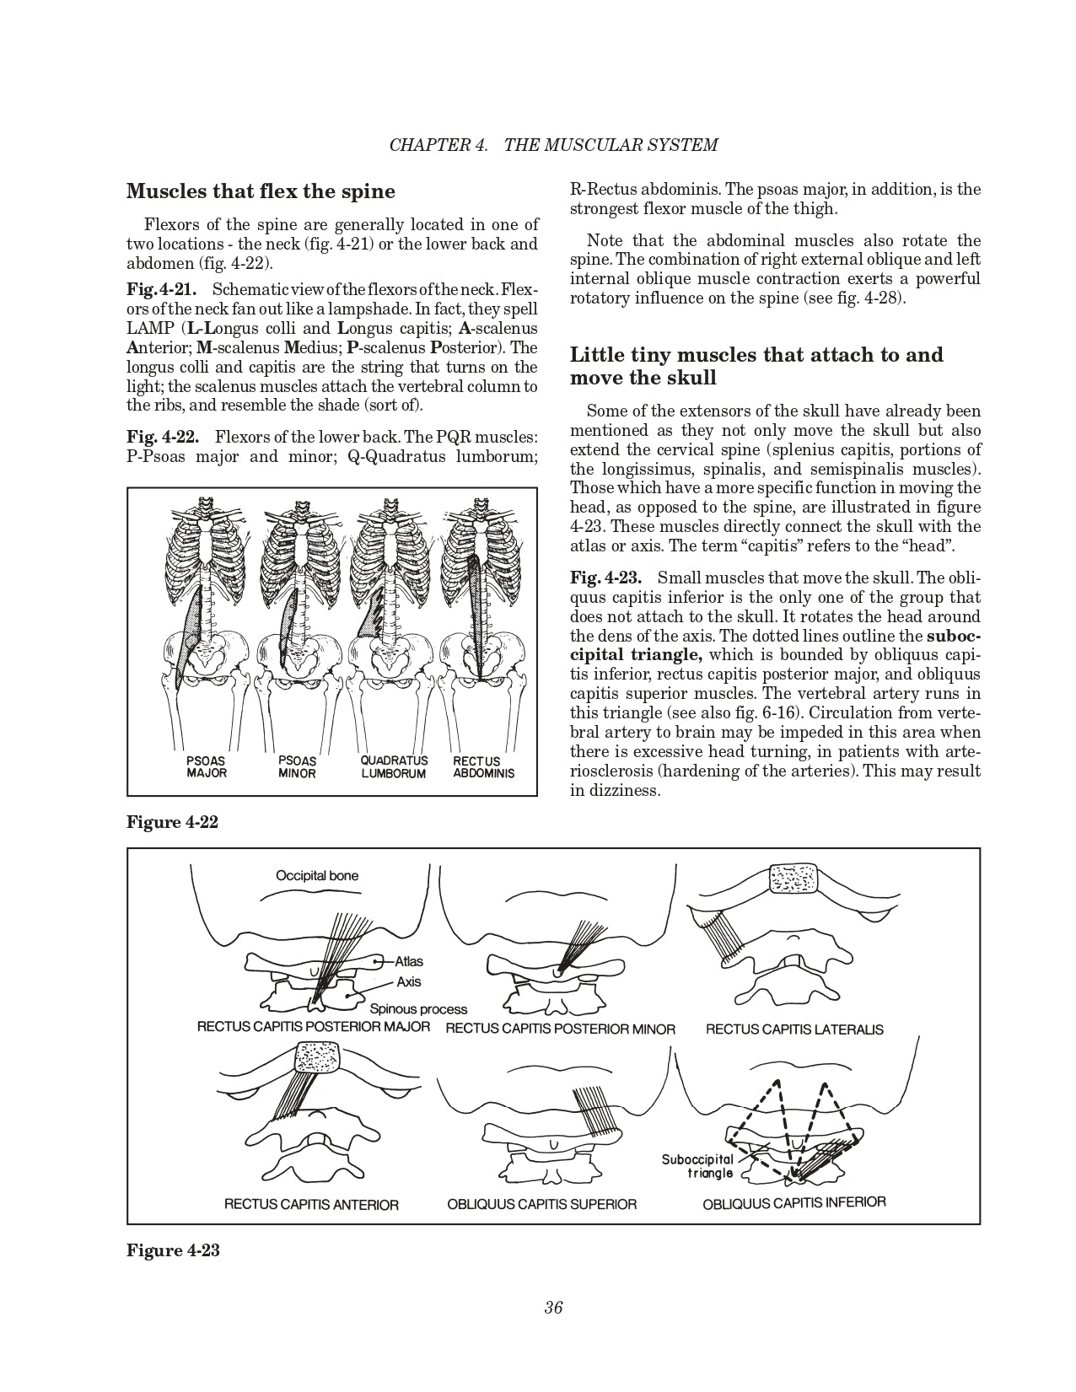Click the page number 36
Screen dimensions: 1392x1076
click(x=553, y=1308)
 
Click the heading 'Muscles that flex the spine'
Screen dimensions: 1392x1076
click(x=261, y=191)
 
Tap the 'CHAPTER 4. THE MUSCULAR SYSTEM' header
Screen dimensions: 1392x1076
click(x=553, y=144)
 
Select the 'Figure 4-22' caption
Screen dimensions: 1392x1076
click(x=172, y=822)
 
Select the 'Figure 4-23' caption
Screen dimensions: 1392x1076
click(x=173, y=1250)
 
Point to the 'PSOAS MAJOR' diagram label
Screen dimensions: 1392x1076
click(x=206, y=766)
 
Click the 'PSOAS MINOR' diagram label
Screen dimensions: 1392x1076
click(x=297, y=766)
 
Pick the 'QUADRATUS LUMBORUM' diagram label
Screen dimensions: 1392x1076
click(x=394, y=766)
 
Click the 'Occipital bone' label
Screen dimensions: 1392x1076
click(x=317, y=875)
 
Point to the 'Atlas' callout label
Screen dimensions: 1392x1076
click(x=409, y=961)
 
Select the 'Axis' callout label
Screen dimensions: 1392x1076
click(x=409, y=981)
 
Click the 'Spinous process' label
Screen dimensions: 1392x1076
click(x=418, y=1008)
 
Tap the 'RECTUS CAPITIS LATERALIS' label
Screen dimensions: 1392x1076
click(x=794, y=1029)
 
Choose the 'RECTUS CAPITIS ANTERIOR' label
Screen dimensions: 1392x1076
click(x=311, y=1204)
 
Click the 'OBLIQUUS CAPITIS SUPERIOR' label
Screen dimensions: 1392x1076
click(x=542, y=1204)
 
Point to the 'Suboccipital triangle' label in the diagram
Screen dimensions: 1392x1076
click(x=697, y=1166)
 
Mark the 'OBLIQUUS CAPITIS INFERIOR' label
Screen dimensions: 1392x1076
click(x=794, y=1203)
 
